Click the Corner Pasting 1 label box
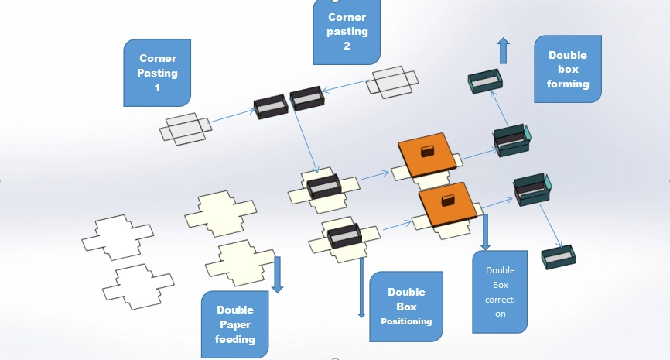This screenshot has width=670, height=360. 158,74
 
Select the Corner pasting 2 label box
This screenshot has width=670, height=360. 347,32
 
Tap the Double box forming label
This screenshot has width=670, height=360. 568,70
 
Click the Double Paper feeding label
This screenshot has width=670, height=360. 234,324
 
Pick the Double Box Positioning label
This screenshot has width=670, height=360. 406,306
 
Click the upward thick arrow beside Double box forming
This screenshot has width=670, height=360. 503,50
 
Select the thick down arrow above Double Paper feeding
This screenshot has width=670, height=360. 278,274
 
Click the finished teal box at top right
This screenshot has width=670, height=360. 485,81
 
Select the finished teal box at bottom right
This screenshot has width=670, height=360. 558,258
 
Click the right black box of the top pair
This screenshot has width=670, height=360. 307,98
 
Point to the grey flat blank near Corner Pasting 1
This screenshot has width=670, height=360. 186,127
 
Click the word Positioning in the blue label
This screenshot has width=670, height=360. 406,321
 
